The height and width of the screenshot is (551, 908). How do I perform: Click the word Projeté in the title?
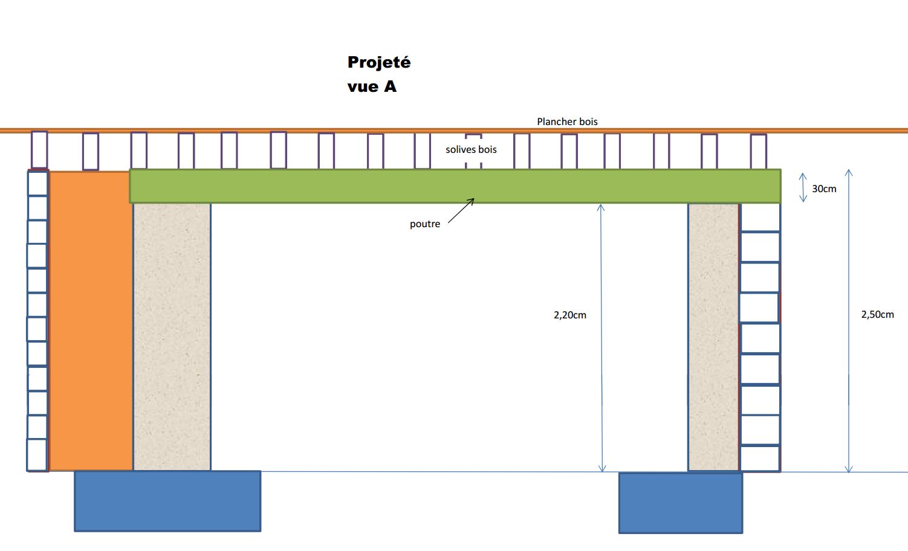coord(379,63)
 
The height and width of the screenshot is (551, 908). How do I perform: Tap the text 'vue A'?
coord(372,87)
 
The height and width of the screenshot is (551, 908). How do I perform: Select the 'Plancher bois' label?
coord(567,121)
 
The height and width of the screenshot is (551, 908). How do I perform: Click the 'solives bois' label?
coord(471,149)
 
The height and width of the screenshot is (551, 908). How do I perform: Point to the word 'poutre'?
coord(425,224)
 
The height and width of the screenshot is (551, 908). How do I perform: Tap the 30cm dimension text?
coord(824,189)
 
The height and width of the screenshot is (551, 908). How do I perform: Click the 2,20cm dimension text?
coord(570,315)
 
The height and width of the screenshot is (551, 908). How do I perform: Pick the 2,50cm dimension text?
coord(877,315)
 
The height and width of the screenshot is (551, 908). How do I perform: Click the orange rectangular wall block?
coord(91,320)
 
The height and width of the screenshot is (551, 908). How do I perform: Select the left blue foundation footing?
coord(167,501)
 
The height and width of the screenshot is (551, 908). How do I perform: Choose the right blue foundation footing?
coord(681,503)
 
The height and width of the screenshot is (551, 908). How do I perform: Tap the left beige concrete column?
coord(172,337)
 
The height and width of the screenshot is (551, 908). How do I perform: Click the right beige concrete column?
coord(713,337)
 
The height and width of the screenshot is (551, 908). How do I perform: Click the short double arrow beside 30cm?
coord(803,187)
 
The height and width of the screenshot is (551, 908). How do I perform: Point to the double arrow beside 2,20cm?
coord(601,338)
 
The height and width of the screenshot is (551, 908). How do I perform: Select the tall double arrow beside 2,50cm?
coord(849,321)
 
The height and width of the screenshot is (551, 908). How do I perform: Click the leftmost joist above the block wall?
coord(39,149)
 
